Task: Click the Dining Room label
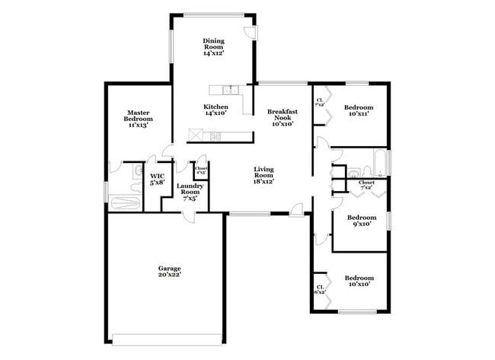213,47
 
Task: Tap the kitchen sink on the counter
221,91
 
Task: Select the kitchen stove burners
216,137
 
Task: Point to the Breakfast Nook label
282,118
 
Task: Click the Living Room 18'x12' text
263,176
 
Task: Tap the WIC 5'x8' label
158,179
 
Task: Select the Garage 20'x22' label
169,272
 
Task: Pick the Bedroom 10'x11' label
356,111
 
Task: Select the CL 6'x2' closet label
319,289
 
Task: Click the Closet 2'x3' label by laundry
202,171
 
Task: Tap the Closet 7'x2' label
366,185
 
